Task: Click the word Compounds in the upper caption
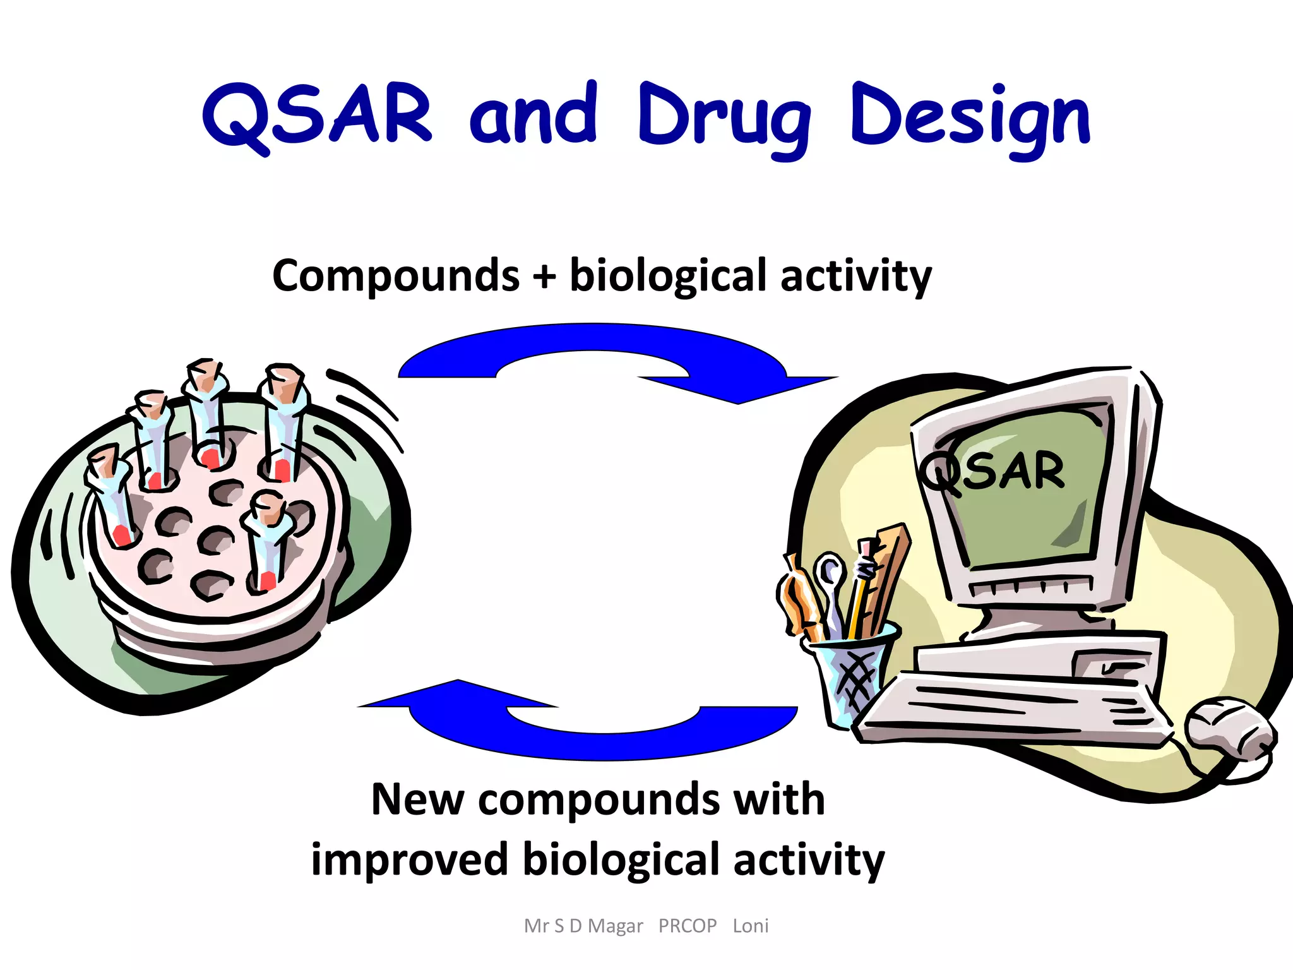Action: point(396,276)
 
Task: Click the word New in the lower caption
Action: point(417,799)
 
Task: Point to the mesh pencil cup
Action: point(849,673)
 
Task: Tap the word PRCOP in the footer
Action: point(688,926)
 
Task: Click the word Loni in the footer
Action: point(751,926)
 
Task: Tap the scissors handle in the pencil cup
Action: point(829,572)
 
